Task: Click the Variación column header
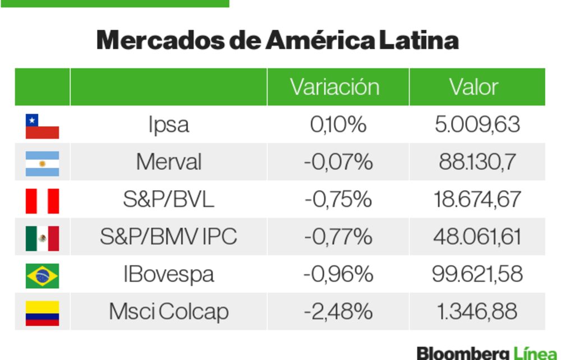click(x=334, y=87)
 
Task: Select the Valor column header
click(x=473, y=87)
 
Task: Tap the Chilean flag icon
click(x=42, y=126)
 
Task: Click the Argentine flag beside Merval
click(x=42, y=163)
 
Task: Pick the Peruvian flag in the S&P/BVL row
click(x=42, y=201)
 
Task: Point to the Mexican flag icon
click(x=42, y=238)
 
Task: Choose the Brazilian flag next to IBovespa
click(x=42, y=275)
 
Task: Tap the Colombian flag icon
click(x=42, y=313)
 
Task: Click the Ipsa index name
click(x=168, y=124)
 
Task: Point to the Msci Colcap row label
click(x=168, y=312)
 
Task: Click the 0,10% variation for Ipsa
click(x=338, y=124)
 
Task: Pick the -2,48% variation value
click(x=338, y=312)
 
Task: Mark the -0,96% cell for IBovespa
click(x=338, y=274)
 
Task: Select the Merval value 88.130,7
click(x=477, y=162)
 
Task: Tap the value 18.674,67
click(x=477, y=200)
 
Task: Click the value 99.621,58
click(x=477, y=274)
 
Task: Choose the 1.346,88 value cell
click(x=477, y=312)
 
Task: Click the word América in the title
click(x=320, y=40)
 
